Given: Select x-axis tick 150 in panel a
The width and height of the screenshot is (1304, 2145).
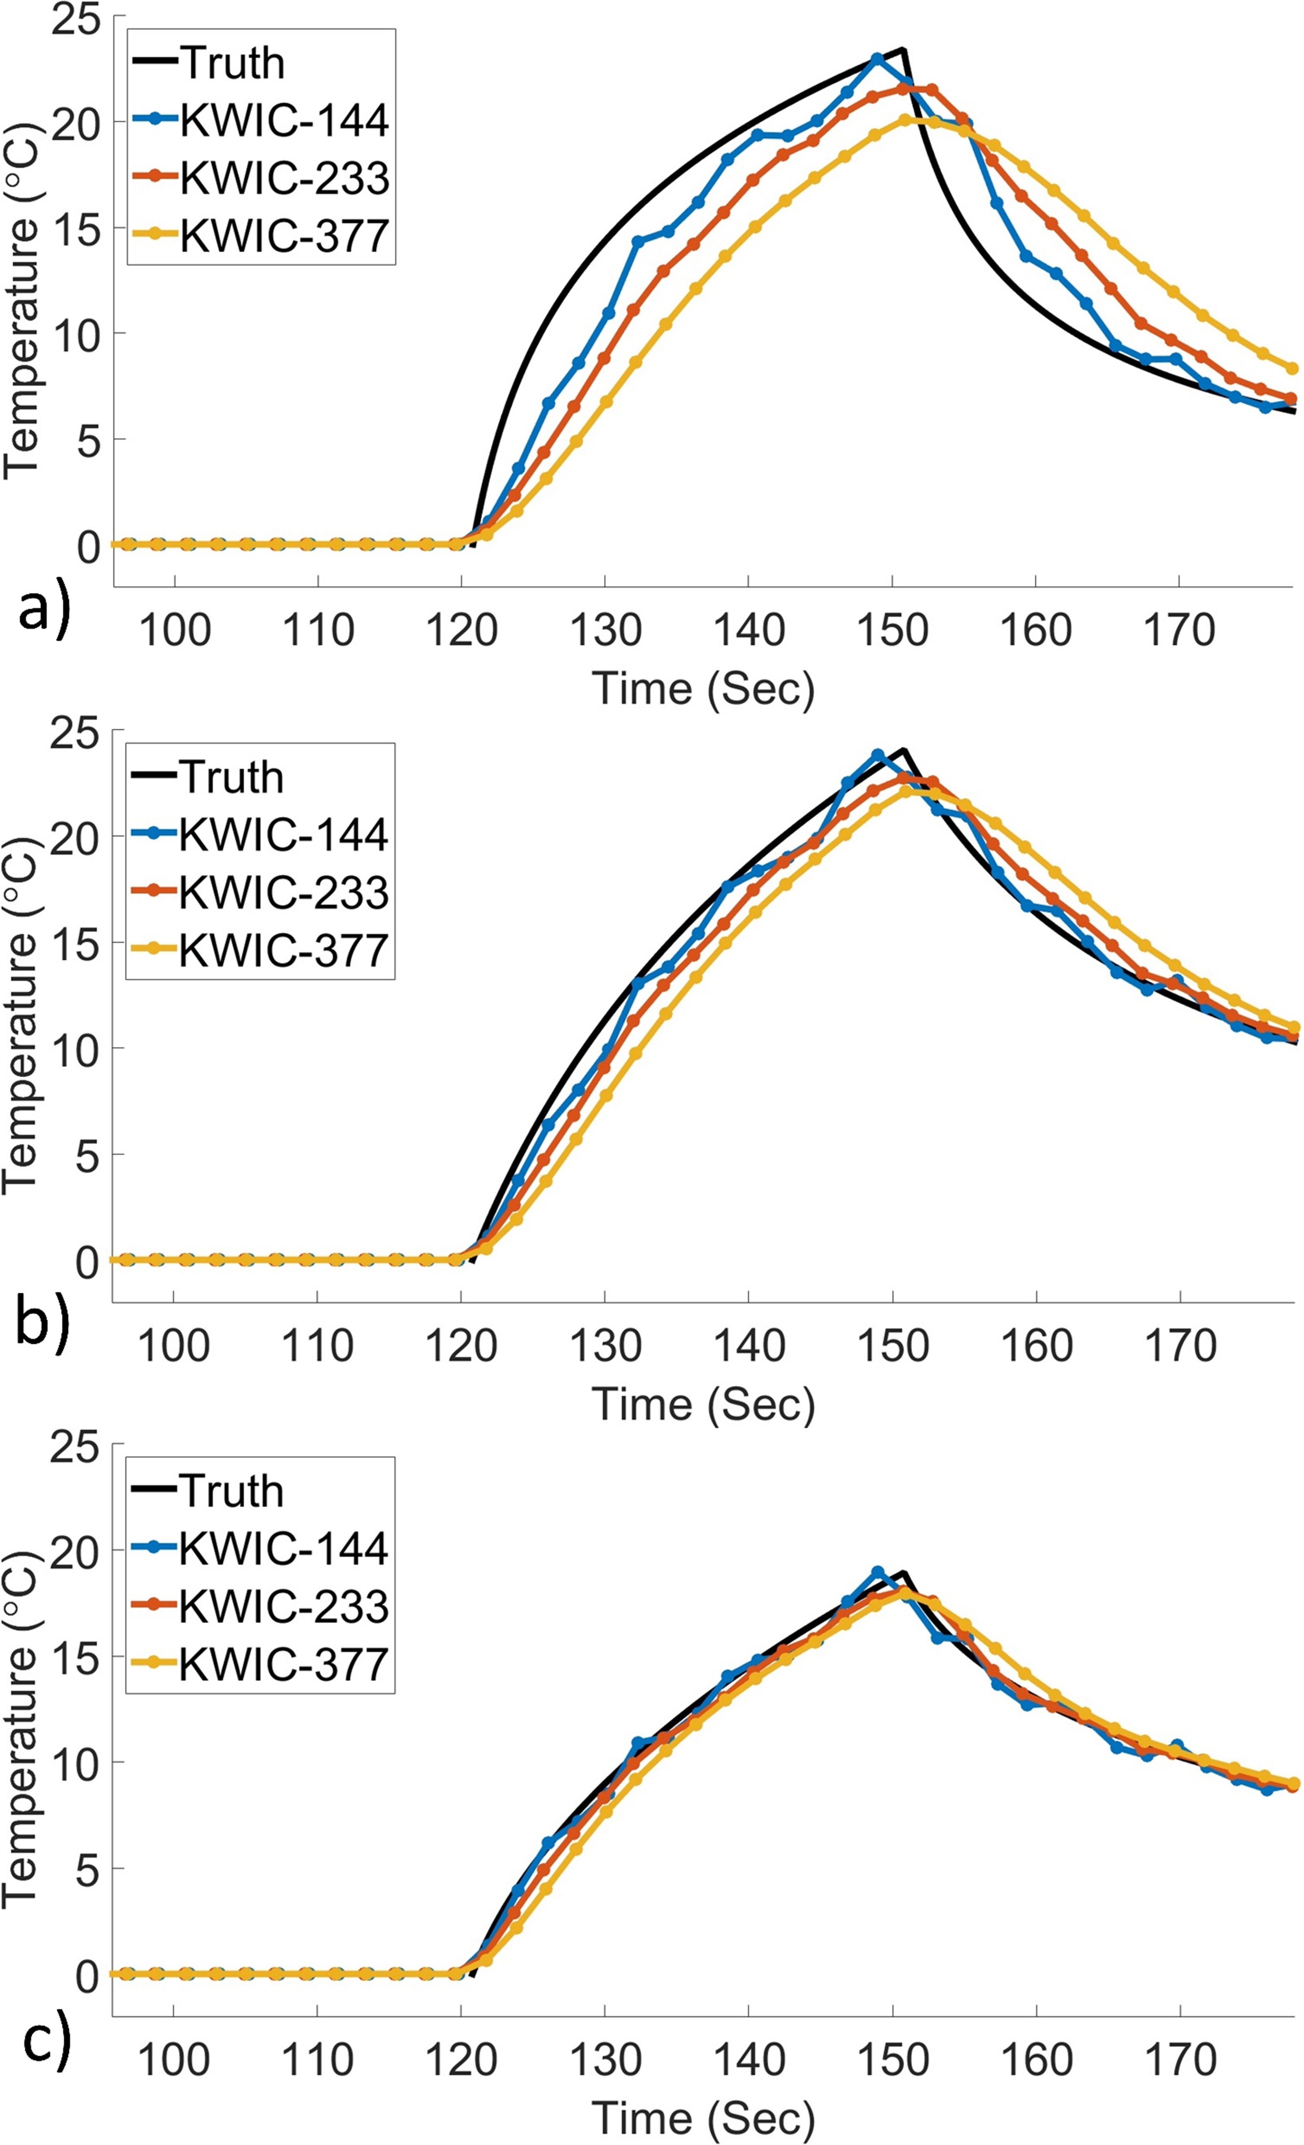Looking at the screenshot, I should point(891,629).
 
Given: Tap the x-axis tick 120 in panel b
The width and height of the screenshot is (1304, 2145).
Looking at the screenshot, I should point(461,1345).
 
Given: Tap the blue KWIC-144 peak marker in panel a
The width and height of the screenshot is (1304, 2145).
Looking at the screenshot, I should point(877,58).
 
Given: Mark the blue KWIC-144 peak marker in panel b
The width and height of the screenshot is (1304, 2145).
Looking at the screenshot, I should point(877,755).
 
